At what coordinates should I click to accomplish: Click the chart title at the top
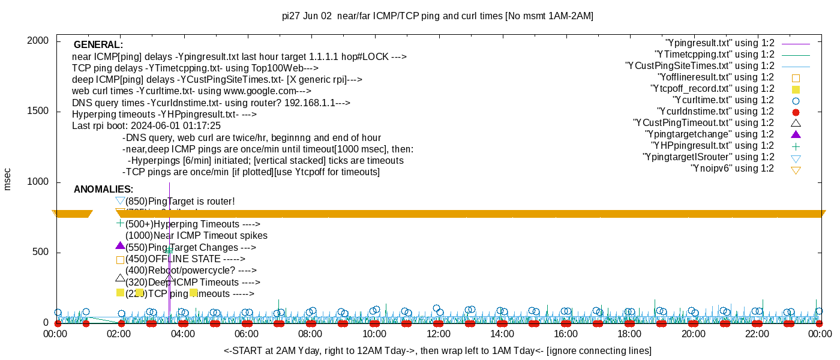[x=437, y=16]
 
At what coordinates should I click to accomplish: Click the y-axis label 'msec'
[x=8, y=179]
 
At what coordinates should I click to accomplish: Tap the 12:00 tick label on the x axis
[x=438, y=334]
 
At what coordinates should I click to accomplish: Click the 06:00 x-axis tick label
[x=247, y=334]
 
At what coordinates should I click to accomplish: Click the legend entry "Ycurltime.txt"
[x=723, y=100]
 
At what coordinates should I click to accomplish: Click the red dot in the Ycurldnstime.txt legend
[x=796, y=112]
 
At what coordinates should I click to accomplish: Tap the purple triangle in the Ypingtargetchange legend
[x=796, y=134]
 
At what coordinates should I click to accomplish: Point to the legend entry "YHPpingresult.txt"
[x=713, y=146]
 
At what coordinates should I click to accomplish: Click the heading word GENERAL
[x=98, y=45]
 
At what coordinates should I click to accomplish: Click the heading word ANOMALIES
[x=103, y=190]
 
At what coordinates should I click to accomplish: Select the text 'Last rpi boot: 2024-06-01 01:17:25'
[x=146, y=126]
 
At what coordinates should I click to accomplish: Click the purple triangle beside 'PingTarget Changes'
[x=120, y=245]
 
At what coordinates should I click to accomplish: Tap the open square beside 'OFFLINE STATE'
[x=120, y=260]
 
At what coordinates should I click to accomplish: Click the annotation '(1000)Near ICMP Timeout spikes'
[x=196, y=236]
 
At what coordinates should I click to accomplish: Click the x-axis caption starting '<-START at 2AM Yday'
[x=437, y=350]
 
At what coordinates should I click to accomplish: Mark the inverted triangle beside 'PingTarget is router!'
[x=120, y=201]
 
